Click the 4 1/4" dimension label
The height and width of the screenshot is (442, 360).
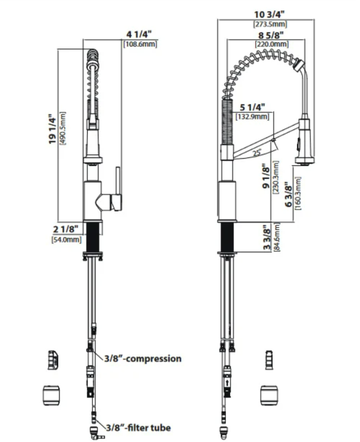pos(139,34)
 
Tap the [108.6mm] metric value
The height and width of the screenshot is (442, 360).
pos(140,44)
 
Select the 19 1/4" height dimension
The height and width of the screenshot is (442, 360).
pos(53,129)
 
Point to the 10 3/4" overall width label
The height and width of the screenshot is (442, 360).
pos(269,14)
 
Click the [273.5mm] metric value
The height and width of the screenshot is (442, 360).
pos(270,24)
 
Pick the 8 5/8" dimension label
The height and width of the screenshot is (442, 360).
pos(271,35)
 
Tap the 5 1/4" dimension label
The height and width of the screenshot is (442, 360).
pos(253,107)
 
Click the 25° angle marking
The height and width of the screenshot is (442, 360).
pos(257,153)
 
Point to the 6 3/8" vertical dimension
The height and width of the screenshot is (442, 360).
pos(288,195)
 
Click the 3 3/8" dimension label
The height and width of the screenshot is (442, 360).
pos(267,237)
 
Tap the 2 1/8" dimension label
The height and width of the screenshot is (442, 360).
pos(66,229)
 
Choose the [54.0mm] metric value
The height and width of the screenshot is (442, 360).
pos(67,240)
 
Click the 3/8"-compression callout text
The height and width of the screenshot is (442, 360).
pos(143,358)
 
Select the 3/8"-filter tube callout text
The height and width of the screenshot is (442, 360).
pos(138,427)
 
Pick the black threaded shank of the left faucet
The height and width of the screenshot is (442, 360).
pos(92,236)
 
